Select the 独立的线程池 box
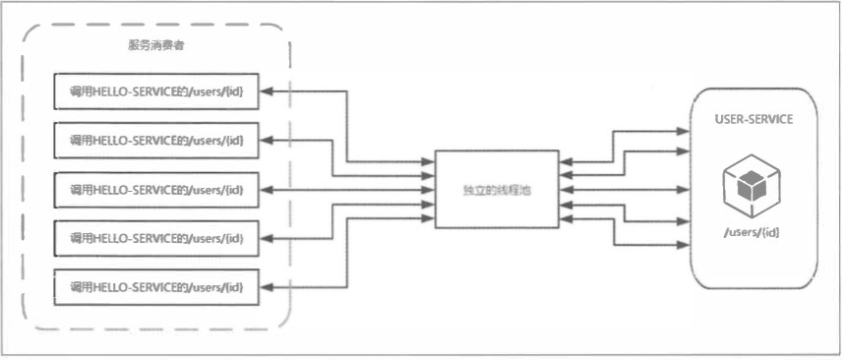click(x=496, y=189)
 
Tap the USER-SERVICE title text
click(x=753, y=118)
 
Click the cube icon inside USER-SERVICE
click(x=752, y=185)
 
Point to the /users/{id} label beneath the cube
click(x=752, y=232)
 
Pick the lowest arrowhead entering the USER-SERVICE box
click(x=685, y=244)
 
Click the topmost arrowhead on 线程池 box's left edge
click(x=429, y=161)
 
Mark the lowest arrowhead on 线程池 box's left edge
click(x=429, y=218)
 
